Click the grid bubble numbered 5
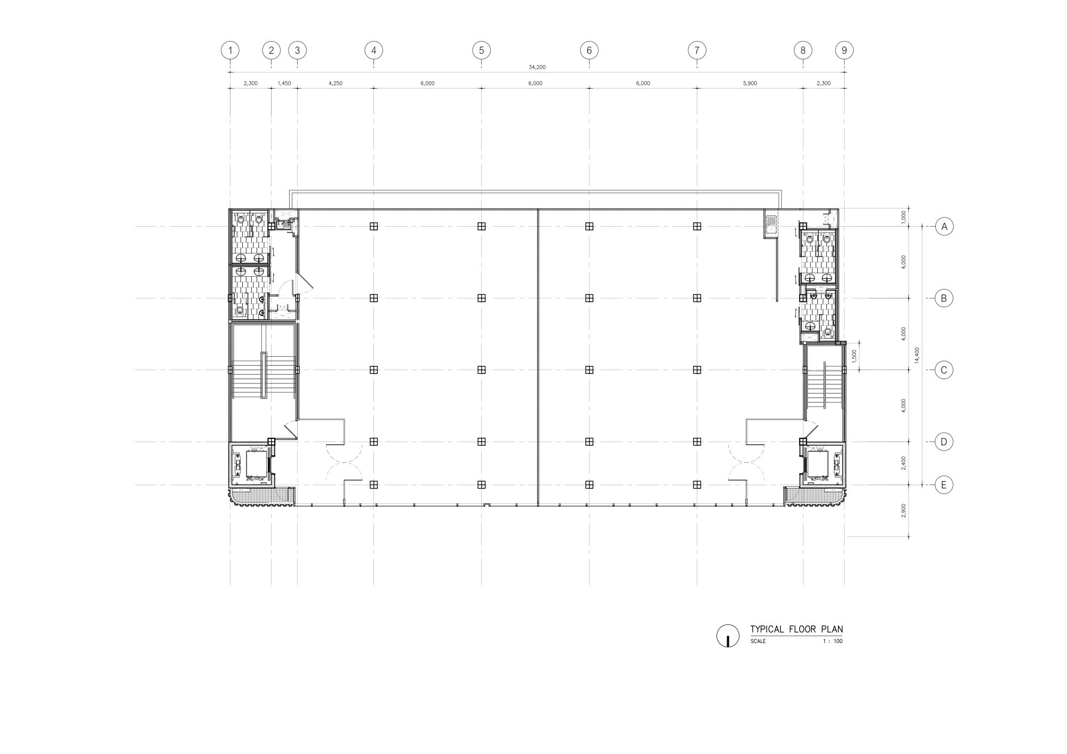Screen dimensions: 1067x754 (x=481, y=51)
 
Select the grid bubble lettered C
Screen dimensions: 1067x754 (x=944, y=370)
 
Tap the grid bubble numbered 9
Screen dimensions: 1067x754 (x=844, y=51)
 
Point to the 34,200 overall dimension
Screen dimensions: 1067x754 (x=537, y=67)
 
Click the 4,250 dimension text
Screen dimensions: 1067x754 (x=336, y=83)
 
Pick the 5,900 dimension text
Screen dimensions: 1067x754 (x=750, y=83)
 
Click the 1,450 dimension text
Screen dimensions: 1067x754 (x=284, y=83)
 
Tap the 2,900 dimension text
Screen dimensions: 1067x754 (x=903, y=510)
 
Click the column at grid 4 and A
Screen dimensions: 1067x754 (x=373, y=226)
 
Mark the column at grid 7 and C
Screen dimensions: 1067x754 (x=697, y=370)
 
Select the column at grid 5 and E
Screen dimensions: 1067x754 (x=481, y=485)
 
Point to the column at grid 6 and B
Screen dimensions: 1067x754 (x=589, y=298)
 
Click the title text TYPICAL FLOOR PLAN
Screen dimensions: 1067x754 (x=797, y=629)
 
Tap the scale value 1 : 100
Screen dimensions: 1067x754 (x=833, y=641)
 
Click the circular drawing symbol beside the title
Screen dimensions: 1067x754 (x=728, y=636)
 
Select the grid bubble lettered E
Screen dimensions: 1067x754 (x=944, y=485)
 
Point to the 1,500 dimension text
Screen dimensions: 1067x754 (x=854, y=356)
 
